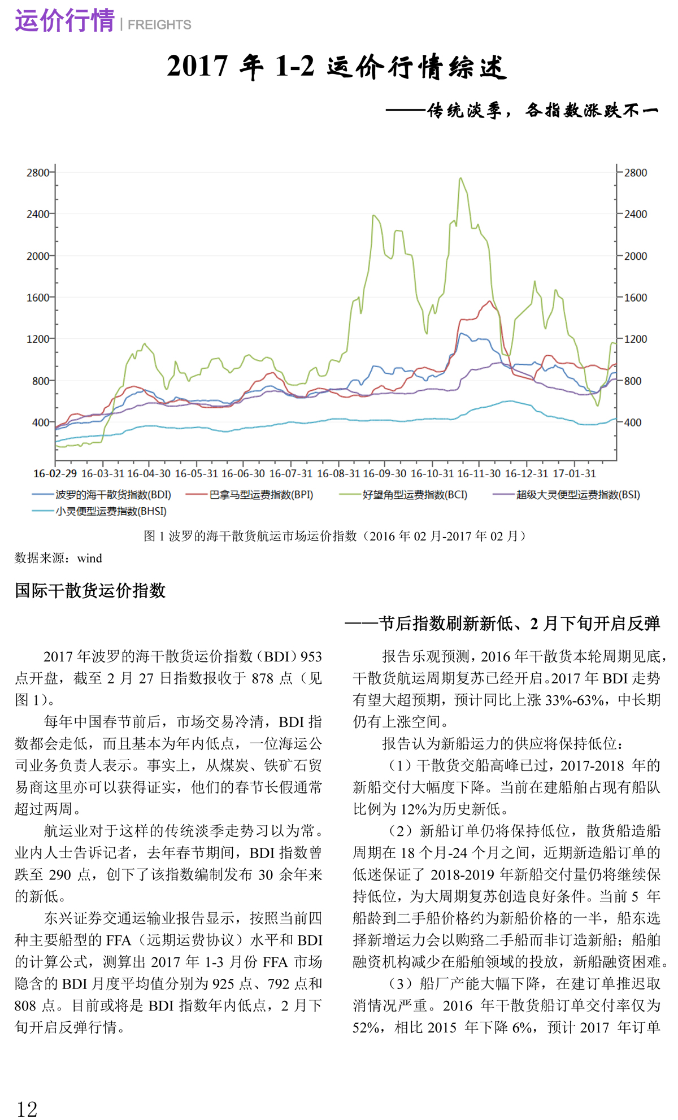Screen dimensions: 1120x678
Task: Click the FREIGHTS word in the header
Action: [x=159, y=25]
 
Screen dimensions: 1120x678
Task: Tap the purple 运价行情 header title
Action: [x=64, y=21]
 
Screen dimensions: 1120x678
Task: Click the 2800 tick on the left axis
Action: [x=38, y=173]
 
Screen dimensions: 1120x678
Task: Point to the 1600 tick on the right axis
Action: [x=635, y=298]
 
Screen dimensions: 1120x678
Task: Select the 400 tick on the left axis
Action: [x=41, y=422]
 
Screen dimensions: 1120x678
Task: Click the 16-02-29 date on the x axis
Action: [x=55, y=473]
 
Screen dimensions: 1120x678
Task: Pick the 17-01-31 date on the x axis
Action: [x=574, y=473]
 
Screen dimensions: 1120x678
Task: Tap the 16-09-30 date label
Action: [x=384, y=473]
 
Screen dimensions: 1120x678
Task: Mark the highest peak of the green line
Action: [x=461, y=178]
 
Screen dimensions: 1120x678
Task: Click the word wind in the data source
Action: [x=90, y=559]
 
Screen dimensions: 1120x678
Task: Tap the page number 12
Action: [x=27, y=1109]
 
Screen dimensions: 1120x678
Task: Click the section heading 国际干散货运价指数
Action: [x=90, y=591]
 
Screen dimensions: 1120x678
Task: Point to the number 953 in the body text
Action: [x=311, y=656]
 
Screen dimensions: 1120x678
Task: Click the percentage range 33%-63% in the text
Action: [x=576, y=700]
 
